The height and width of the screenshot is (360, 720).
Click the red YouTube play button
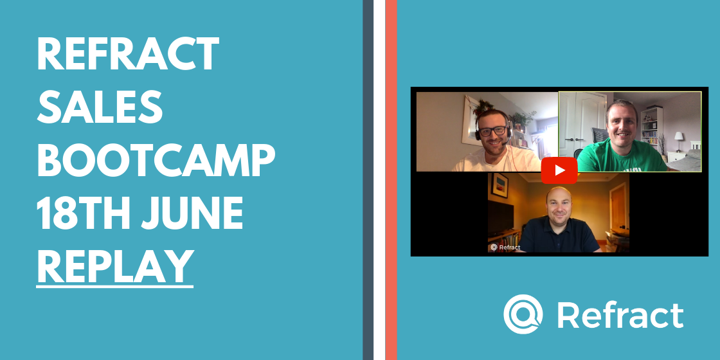point(559,170)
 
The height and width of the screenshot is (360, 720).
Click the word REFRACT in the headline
point(128,54)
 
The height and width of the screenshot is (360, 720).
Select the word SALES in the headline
point(100,107)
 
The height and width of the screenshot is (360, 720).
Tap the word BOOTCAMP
point(156,160)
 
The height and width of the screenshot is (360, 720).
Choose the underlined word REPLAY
point(115,267)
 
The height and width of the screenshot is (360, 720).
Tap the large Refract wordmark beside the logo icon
point(620,315)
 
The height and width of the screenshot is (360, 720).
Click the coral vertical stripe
point(391,180)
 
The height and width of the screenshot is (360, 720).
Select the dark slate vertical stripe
point(368,180)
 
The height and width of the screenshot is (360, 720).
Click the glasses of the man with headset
point(492,131)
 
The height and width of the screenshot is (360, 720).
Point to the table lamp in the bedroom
point(679,141)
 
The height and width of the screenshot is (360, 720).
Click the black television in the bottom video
point(501,218)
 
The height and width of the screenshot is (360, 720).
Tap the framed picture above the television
point(500,185)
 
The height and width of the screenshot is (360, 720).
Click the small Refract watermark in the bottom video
point(505,247)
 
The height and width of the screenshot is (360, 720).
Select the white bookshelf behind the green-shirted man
point(652,127)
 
